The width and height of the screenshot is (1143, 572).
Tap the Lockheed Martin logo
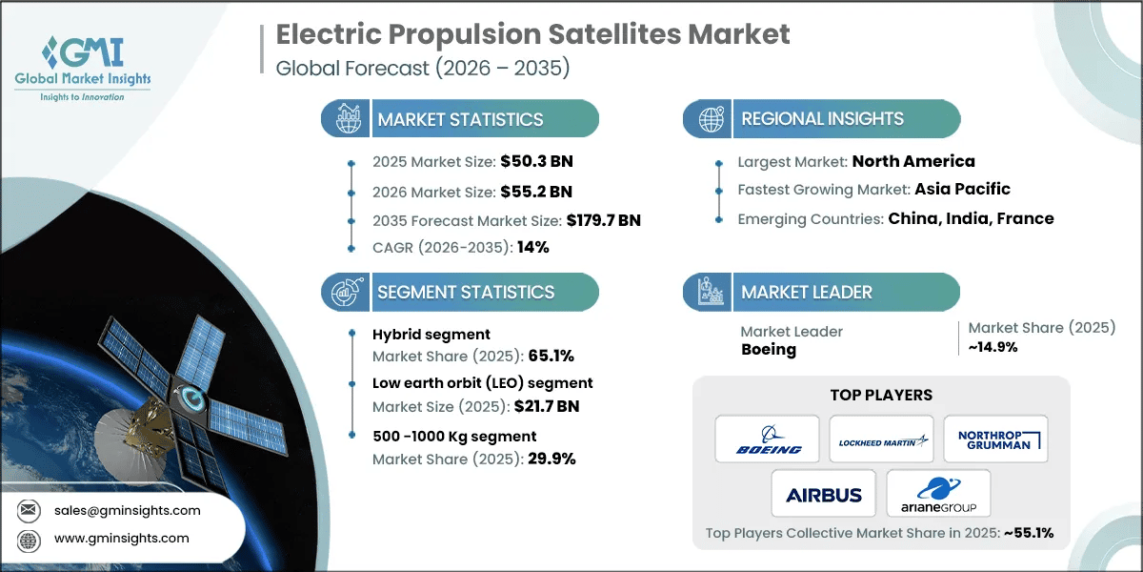[x=881, y=439]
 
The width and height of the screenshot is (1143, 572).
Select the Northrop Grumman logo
[x=995, y=439]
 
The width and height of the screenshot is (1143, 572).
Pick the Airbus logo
[x=824, y=494]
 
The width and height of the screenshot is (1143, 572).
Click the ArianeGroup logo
[x=938, y=494]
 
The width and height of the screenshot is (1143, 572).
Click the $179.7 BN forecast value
[x=590, y=220]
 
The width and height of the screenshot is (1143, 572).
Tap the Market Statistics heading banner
[x=461, y=119]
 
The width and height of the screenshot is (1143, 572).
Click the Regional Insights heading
[x=823, y=119]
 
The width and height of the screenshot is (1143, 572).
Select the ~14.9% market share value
[x=993, y=347]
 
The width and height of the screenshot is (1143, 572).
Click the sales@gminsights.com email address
[x=129, y=510]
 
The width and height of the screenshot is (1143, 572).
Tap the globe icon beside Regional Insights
[x=711, y=119]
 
